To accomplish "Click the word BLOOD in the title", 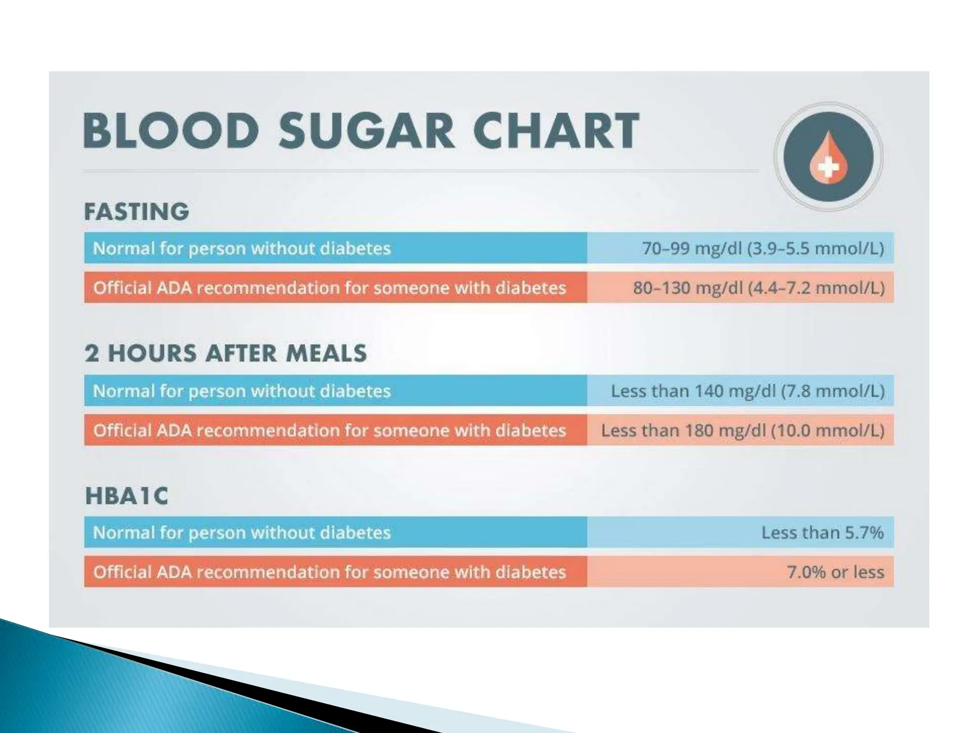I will [171, 130].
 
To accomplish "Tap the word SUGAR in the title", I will [366, 130].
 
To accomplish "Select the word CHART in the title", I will [555, 130].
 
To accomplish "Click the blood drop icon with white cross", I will [828, 157].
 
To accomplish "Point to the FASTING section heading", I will [137, 211].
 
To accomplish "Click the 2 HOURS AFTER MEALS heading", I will [225, 354].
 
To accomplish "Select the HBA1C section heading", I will [127, 496].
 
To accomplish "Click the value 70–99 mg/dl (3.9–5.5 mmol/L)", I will [763, 248].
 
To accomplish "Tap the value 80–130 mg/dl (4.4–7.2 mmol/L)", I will [758, 288].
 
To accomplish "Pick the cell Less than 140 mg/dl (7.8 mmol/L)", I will [747, 391].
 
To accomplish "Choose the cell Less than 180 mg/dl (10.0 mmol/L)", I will [743, 430].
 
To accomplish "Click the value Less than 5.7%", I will [822, 533].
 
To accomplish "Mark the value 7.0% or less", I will [835, 572].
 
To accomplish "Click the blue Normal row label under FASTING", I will [242, 248].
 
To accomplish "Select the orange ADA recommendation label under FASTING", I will [330, 288].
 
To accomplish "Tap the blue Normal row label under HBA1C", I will [242, 533].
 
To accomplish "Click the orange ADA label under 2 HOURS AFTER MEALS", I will [330, 430].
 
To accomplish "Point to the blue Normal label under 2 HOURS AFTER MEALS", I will [242, 391].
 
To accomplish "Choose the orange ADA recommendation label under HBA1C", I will [330, 572].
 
